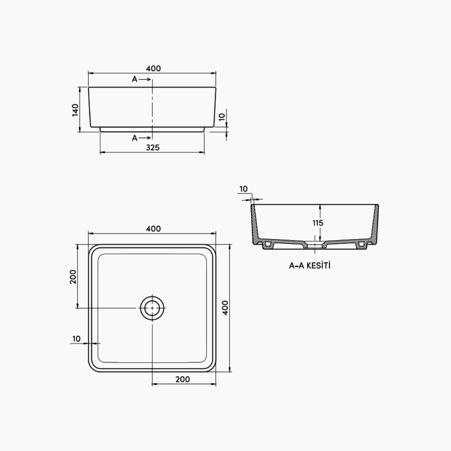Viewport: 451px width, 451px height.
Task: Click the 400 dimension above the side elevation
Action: click(153, 69)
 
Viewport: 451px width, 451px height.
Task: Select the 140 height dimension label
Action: click(75, 110)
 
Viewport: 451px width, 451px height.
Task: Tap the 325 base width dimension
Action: click(152, 147)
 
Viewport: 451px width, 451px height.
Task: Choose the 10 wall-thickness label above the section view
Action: click(244, 189)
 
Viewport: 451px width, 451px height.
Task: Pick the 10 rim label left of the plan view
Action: click(76, 338)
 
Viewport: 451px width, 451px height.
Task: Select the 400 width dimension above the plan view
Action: click(153, 229)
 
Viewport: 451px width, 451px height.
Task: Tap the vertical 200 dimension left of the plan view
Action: click(73, 276)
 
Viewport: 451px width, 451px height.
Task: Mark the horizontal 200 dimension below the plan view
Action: click(182, 379)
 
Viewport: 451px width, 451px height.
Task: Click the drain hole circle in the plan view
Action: click(152, 308)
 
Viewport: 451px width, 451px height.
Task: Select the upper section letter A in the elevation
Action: click(134, 79)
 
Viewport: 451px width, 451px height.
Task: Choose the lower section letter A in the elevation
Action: click(134, 138)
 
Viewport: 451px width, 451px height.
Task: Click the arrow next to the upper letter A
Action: click(145, 79)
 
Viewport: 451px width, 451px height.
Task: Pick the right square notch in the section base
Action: click(361, 244)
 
